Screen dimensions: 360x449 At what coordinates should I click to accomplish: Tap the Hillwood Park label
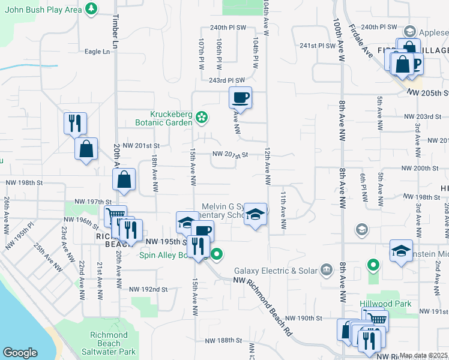pyautogui.click(x=385, y=304)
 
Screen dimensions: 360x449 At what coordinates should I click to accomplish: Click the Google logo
pyautogui.click(x=20, y=353)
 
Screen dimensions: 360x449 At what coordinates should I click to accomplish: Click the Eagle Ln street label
pyautogui.click(x=97, y=52)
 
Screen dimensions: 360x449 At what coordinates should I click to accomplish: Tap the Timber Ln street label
pyautogui.click(x=113, y=31)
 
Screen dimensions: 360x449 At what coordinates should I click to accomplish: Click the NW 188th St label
pyautogui.click(x=223, y=340)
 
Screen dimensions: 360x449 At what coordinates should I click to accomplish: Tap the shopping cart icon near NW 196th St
pyautogui.click(x=115, y=215)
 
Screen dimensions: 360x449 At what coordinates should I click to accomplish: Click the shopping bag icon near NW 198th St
pyautogui.click(x=124, y=179)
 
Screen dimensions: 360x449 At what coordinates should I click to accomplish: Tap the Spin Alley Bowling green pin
pyautogui.click(x=217, y=255)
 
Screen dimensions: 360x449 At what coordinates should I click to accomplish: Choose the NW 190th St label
pyautogui.click(x=304, y=317)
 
